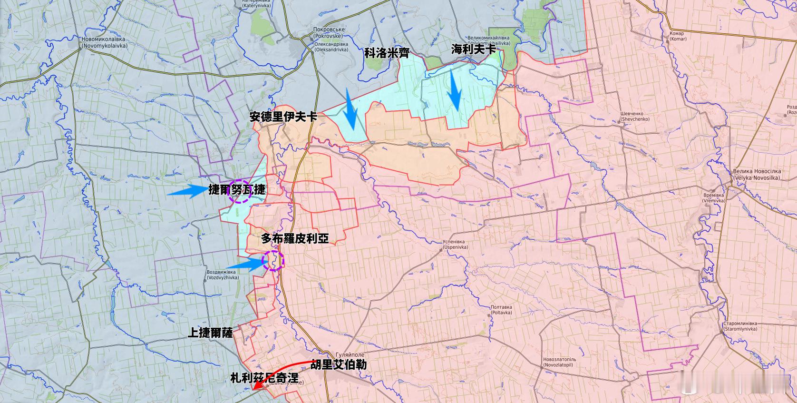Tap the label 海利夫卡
[x=473, y=49]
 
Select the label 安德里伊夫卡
[x=283, y=117]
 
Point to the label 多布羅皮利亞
[x=295, y=238]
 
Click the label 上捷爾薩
[x=210, y=333]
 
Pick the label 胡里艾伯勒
[x=339, y=365]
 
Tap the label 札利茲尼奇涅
[x=264, y=378]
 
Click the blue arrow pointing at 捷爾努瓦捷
[x=187, y=191]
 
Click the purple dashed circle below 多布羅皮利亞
[x=273, y=261]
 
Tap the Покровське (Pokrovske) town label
[x=329, y=32]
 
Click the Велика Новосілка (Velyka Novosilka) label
[x=756, y=174]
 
